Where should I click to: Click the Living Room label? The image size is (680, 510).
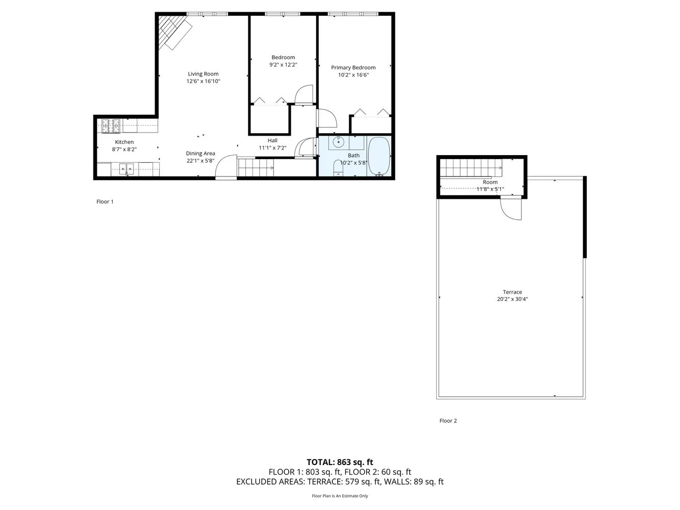203,74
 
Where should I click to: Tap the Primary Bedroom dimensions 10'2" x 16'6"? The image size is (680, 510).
353,75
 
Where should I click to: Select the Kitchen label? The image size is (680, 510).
124,142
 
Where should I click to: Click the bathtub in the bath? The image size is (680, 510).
379,157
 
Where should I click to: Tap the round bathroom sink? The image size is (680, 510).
338,142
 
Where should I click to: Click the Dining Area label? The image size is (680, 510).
200,154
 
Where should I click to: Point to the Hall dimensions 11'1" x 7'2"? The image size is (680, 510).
272,148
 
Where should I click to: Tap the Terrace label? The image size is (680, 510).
512,292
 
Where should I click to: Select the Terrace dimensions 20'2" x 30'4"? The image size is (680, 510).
512,299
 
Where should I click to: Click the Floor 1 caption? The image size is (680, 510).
105,201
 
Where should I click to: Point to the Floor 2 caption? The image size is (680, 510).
448,421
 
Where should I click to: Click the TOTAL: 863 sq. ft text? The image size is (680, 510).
340,463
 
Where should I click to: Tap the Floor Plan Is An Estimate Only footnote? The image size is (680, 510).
340,496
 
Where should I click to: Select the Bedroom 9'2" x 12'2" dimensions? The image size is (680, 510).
283,65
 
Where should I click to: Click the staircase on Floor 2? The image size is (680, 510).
469,166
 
